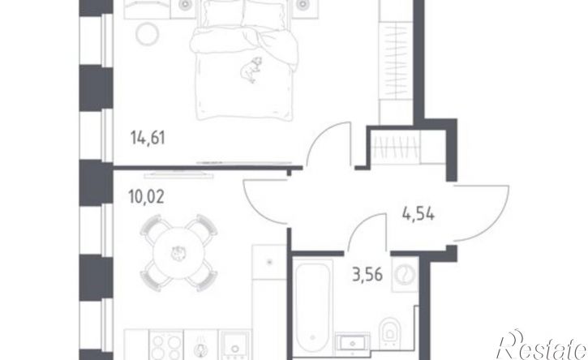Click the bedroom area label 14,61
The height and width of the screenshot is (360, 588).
(148, 138)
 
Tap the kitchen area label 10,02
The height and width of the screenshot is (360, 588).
(146, 196)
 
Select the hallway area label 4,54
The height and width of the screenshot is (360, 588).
(418, 214)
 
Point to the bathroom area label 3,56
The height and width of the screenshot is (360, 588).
(367, 275)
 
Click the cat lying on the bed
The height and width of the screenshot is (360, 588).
(251, 70)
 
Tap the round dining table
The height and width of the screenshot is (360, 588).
(179, 253)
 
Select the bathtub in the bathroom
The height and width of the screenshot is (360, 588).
(312, 306)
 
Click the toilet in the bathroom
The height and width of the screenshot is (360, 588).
(389, 332)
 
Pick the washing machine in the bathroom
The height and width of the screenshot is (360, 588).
(405, 274)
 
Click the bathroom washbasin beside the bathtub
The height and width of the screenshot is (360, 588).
(353, 343)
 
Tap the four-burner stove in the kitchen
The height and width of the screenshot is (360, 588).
(166, 345)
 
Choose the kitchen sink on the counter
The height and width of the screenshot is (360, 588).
(234, 345)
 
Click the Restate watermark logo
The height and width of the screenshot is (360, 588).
(541, 345)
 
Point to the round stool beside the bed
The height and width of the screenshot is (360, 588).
(148, 34)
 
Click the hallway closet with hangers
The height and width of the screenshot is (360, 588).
(408, 147)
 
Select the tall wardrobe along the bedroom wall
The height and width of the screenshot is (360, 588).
(396, 62)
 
